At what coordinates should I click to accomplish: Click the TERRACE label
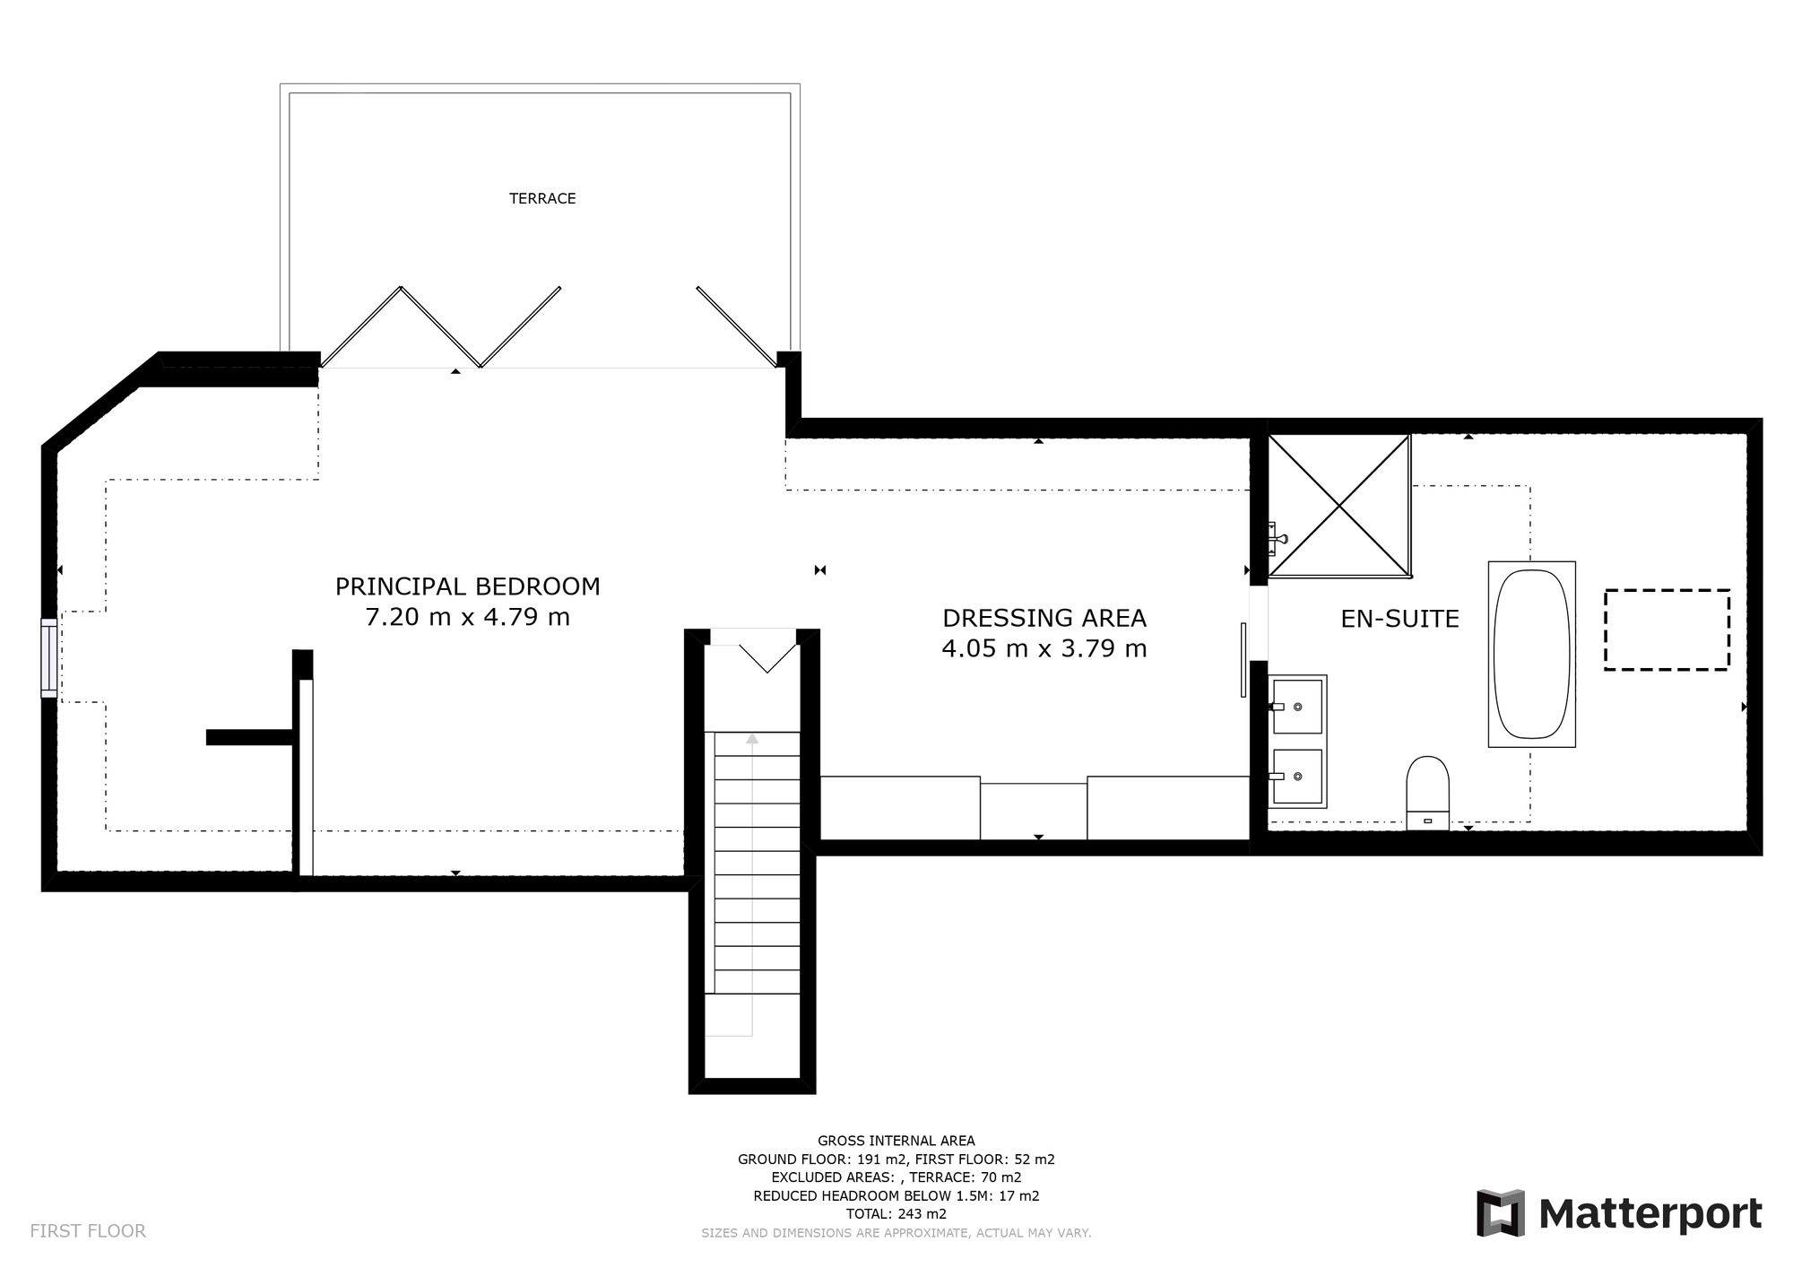pos(542,198)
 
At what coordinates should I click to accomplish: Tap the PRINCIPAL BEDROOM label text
pos(467,586)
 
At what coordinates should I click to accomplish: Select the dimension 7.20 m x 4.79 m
pos(467,617)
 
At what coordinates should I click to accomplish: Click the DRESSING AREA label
pos(1044,618)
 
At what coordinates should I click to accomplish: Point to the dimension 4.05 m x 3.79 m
pos(1044,648)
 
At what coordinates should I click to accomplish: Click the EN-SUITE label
pos(1399,619)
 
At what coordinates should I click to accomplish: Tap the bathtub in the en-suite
pos(1531,654)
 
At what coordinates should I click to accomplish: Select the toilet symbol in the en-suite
pos(1427,790)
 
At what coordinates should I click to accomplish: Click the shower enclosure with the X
pos(1339,505)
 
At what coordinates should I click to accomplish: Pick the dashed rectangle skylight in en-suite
pos(1666,630)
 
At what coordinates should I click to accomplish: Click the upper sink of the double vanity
pos(1298,706)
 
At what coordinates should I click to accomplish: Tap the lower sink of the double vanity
pos(1298,777)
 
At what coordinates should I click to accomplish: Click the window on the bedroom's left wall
pos(49,657)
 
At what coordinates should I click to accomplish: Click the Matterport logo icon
pos(1501,1212)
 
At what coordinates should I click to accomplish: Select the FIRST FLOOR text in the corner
pos(88,1231)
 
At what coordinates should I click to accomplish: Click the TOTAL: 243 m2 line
pos(896,1214)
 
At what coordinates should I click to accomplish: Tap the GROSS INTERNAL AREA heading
pos(896,1141)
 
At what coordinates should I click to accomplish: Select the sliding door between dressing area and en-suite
pos(1243,659)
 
